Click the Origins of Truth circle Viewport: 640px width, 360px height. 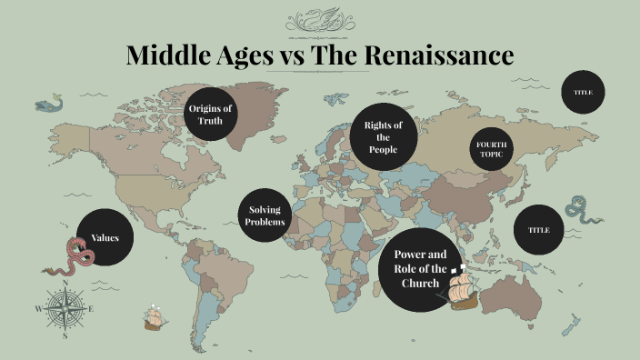(210, 115)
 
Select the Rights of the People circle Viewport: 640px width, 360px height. (384, 137)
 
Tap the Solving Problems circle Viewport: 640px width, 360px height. (266, 216)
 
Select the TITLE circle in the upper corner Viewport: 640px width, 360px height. (583, 93)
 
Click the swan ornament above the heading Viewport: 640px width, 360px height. (319, 18)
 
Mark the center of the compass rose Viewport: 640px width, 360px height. (65, 309)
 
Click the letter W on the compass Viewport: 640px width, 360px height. (38, 309)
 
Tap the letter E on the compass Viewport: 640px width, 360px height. (91, 309)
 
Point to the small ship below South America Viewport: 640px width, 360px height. (155, 318)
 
